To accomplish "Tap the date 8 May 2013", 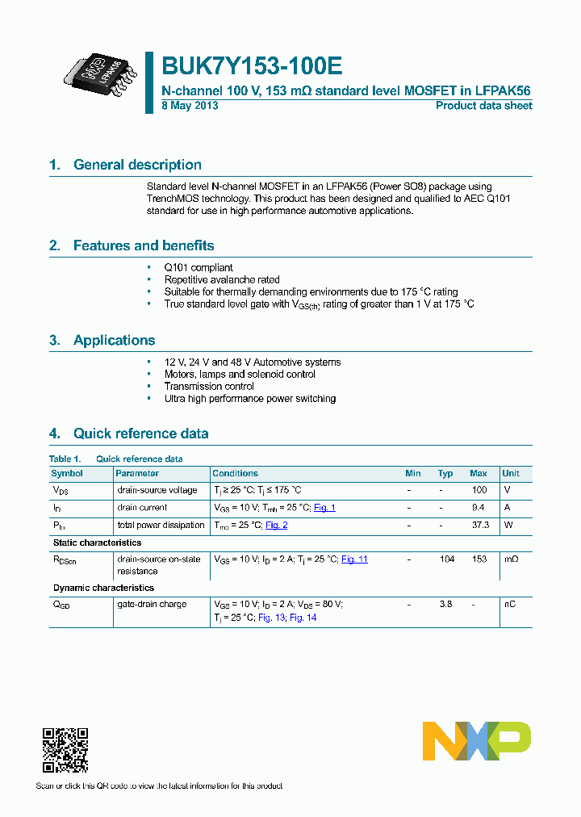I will (x=190, y=106).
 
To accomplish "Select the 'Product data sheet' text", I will (x=483, y=106).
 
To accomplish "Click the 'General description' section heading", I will (x=137, y=165).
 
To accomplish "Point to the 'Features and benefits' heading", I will (x=144, y=245).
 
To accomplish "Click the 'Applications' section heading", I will (x=114, y=340).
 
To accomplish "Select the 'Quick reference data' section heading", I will (x=140, y=434).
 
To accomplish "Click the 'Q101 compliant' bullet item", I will (x=199, y=267).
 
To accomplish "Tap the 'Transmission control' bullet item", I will (x=209, y=386).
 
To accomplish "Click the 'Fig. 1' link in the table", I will (x=324, y=508).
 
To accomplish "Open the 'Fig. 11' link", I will (x=354, y=559).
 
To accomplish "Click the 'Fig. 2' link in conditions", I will (x=276, y=526).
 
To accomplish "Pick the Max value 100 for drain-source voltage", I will (x=479, y=490).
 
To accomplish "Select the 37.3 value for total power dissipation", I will (x=479, y=526).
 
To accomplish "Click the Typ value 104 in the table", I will (x=446, y=559).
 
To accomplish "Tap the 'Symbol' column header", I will (x=67, y=473).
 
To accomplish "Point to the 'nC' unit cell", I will (x=509, y=604).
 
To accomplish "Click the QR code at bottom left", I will (x=65, y=751).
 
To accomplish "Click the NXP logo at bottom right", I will (x=476, y=741).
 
